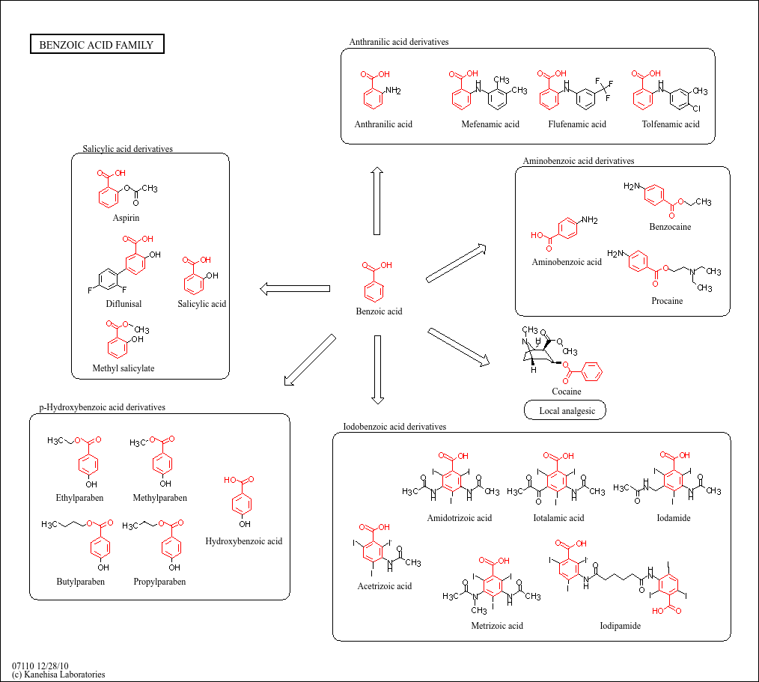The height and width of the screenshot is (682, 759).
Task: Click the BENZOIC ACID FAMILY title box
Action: point(97,44)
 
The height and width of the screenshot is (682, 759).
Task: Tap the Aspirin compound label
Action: point(126,218)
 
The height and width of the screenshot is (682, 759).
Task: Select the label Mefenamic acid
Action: point(490,124)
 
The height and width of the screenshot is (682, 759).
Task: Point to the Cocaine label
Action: point(567,391)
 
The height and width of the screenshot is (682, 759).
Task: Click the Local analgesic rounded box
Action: point(565,410)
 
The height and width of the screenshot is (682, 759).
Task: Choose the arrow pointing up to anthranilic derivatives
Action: point(377,201)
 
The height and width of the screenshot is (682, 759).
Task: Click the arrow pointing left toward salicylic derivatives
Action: point(295,289)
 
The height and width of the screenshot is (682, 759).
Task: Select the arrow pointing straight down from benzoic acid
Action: point(377,369)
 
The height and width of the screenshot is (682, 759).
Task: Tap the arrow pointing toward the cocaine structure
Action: point(458,347)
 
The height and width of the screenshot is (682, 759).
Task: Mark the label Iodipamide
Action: point(620,625)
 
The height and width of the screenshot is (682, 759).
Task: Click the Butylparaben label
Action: point(80,582)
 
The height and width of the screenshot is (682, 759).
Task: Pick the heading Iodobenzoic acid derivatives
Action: point(394,427)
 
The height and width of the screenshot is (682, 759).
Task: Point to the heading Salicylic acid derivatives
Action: point(127,148)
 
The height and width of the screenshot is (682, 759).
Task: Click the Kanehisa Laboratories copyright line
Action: point(58,675)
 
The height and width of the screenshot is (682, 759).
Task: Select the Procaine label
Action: point(667,301)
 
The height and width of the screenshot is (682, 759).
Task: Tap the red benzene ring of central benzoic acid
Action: point(374,291)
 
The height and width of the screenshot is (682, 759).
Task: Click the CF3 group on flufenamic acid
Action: point(604,89)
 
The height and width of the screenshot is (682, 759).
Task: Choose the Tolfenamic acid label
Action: point(671,124)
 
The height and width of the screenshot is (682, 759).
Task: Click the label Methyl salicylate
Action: point(124,368)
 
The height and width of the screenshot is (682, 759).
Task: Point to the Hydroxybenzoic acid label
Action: point(243,541)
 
